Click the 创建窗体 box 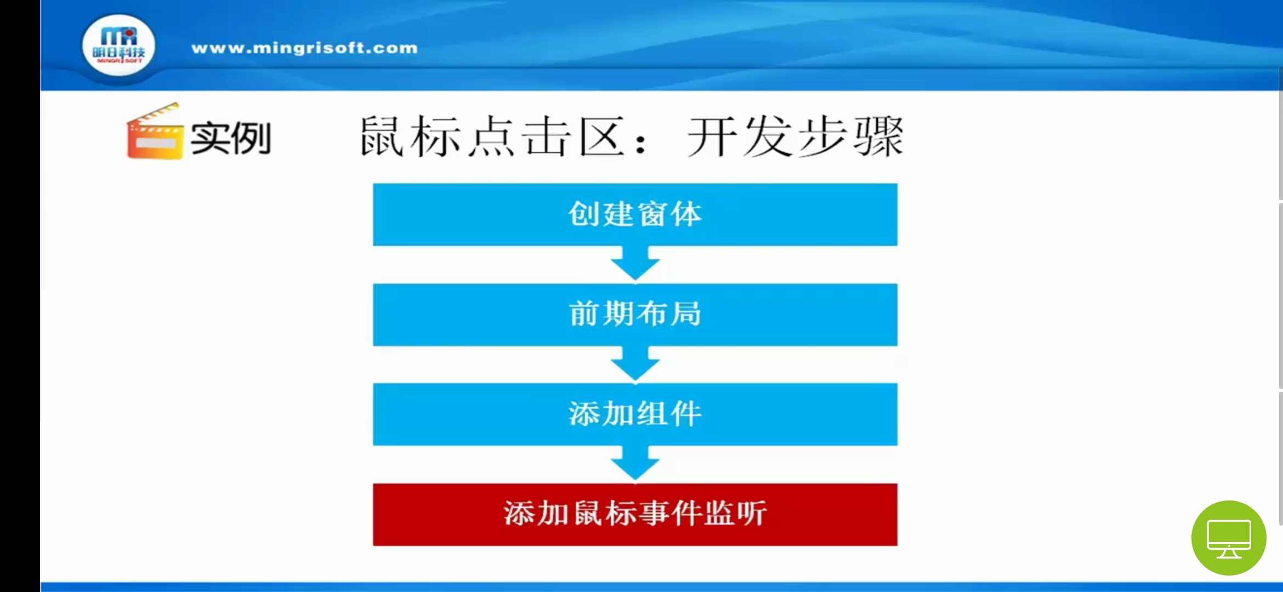tap(635, 214)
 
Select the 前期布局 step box tap(635, 315)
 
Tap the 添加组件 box tap(635, 414)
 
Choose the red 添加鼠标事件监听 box tap(635, 514)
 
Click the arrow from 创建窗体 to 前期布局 tap(635, 264)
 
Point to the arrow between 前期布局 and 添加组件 tap(635, 364)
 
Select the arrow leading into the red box tap(635, 464)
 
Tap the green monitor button tap(1229, 538)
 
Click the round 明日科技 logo tap(118, 47)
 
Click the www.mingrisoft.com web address tap(304, 48)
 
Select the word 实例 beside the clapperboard tap(231, 138)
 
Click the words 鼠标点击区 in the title tap(492, 136)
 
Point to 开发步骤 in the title tap(795, 136)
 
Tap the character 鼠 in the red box tap(588, 514)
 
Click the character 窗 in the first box tap(652, 214)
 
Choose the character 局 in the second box tap(685, 314)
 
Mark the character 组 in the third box tap(652, 414)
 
